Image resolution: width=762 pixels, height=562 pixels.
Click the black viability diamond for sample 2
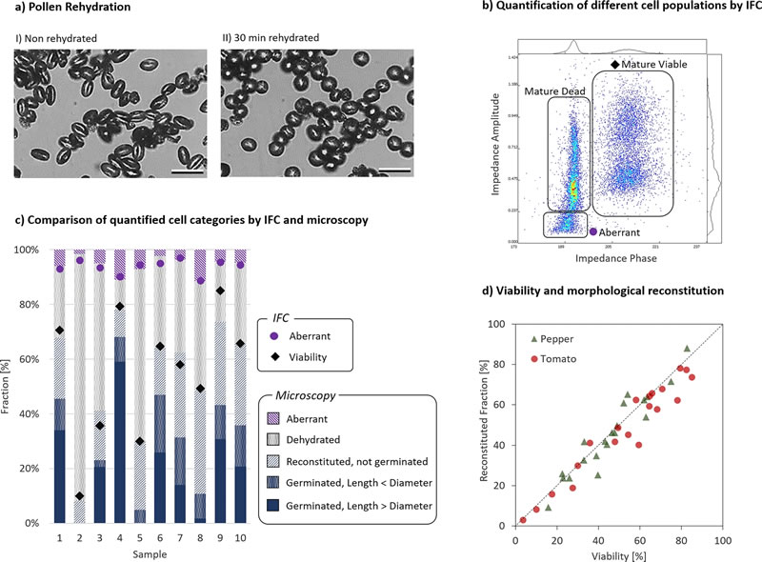point(78,495)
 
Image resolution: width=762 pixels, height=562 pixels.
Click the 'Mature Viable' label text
point(654,63)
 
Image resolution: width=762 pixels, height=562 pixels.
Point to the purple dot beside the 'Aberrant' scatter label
point(592,231)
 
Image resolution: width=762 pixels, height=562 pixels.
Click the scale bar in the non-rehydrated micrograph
point(189,171)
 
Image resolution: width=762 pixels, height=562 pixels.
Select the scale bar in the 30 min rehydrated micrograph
point(394,171)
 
